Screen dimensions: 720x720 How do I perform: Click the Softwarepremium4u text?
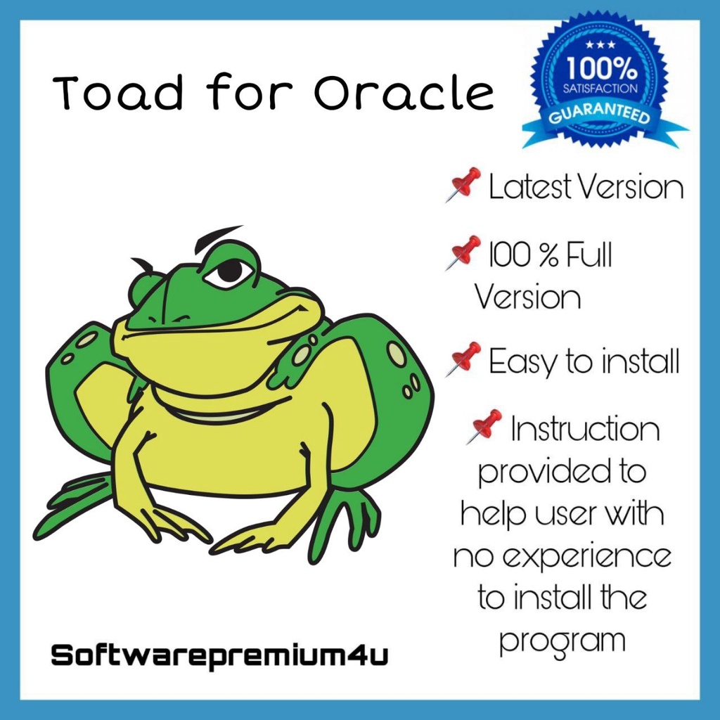pos(219,656)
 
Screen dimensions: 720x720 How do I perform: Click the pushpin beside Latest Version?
pos(463,184)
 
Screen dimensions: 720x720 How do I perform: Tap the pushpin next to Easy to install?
pos(463,359)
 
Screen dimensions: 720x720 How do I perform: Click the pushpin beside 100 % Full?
pos(463,252)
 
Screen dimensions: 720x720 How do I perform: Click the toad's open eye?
pos(228,271)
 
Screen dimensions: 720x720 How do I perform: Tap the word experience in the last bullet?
pos(582,558)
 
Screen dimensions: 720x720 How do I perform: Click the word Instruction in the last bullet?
pos(586,430)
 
